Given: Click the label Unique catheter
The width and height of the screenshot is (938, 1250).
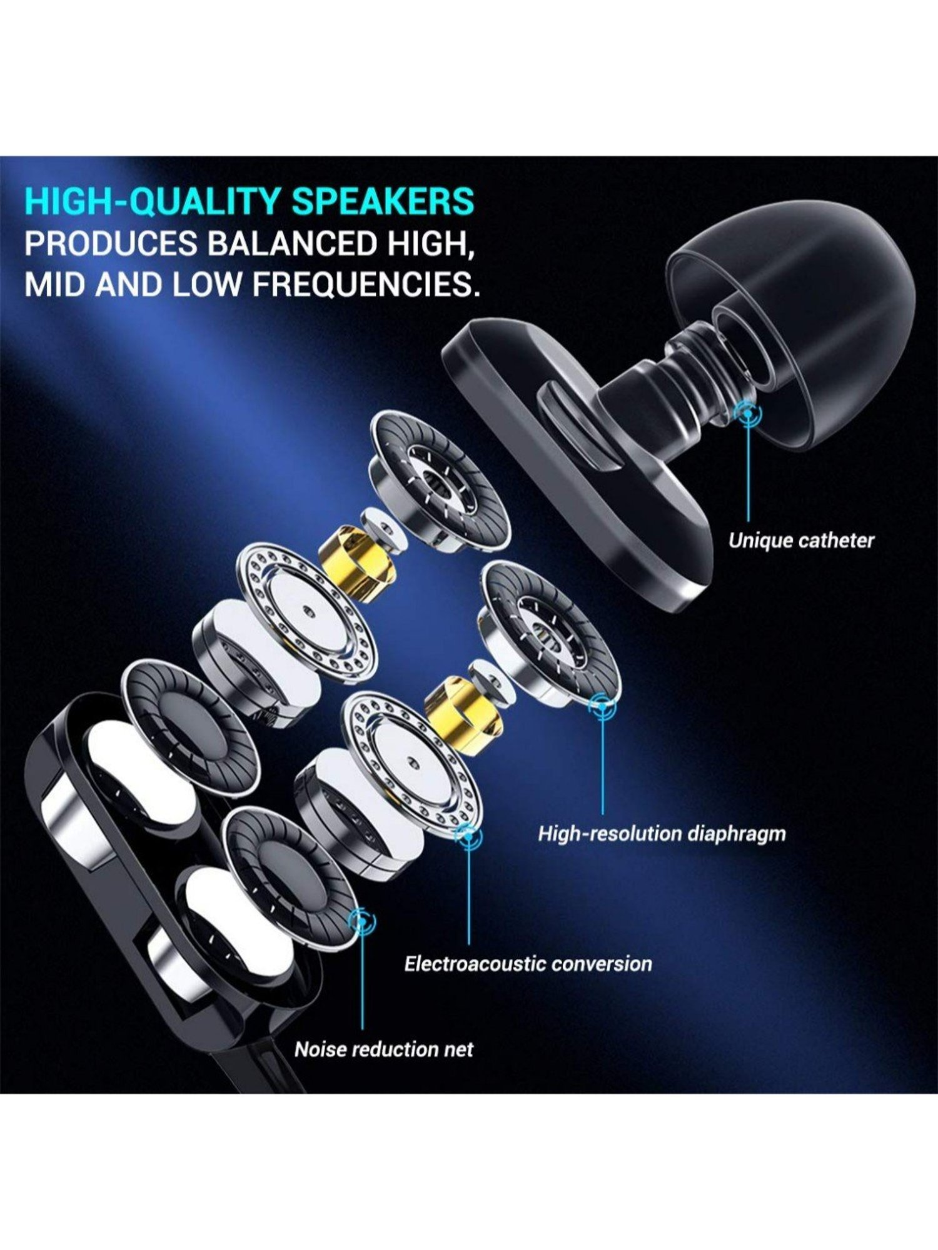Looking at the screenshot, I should pos(801,540).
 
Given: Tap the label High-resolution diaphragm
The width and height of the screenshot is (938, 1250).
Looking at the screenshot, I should pos(662,834).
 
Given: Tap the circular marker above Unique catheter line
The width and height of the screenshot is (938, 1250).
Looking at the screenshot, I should pos(748,412).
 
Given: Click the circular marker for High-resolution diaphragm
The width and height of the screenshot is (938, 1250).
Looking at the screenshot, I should pos(602,706).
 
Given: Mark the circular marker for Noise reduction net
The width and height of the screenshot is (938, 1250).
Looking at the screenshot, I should pos(361,920).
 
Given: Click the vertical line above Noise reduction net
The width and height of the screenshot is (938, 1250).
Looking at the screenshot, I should pos(362,981).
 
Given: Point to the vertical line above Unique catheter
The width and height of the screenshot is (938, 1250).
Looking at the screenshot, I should pos(748,469).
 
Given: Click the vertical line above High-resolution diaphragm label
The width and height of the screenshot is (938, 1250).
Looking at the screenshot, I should pos(603,762).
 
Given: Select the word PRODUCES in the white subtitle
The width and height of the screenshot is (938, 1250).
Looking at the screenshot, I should pos(111,242).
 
